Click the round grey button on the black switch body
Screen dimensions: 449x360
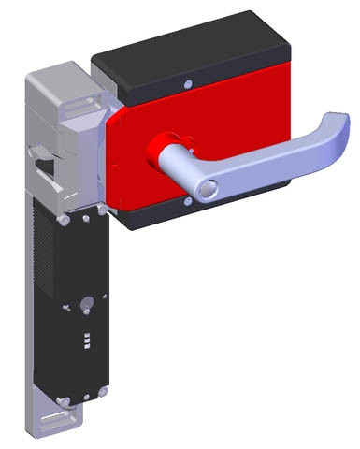coord(85,303)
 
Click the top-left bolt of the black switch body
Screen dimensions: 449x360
coord(61,221)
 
